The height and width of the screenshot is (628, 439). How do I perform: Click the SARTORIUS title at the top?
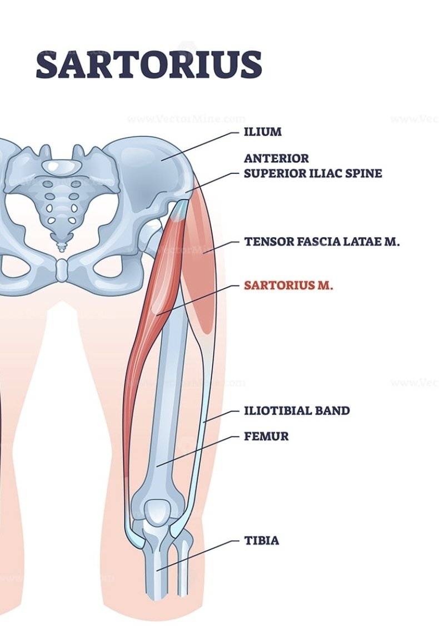pos(149,64)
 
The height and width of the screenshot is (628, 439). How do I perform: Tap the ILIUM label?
pos(263,132)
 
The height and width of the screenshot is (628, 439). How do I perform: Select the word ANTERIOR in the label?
pos(276,158)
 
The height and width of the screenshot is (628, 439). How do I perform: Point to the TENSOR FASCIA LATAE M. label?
pos(322,242)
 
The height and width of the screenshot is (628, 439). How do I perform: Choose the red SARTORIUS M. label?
pos(288,285)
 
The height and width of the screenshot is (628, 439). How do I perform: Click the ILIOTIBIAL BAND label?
pos(297,410)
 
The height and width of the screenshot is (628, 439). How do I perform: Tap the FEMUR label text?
pos(266,436)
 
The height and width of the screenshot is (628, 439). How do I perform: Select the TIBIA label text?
pos(261,540)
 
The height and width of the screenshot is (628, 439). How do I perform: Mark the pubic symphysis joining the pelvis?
pos(62,271)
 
